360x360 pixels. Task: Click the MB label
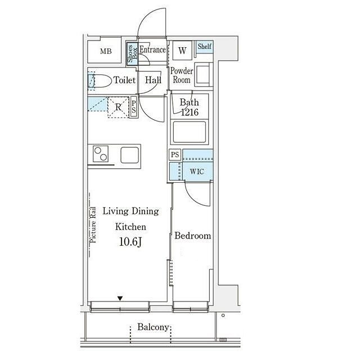click(106, 51)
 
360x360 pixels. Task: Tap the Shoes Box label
click(133, 54)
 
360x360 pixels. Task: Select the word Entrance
click(152, 49)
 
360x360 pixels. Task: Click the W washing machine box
click(182, 50)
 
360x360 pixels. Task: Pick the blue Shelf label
click(204, 46)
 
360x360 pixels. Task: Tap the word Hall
click(153, 80)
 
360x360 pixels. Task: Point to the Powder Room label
click(182, 75)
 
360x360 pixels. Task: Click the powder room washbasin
click(203, 74)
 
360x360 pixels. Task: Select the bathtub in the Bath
click(190, 132)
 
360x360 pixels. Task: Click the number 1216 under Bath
click(190, 112)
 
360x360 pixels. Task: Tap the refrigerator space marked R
click(118, 107)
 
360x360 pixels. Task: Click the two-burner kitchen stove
click(101, 154)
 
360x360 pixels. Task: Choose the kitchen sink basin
click(129, 155)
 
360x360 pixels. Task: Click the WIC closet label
click(197, 172)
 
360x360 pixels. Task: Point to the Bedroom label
click(192, 236)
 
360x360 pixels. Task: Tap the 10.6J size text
click(130, 242)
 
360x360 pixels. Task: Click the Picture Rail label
click(93, 225)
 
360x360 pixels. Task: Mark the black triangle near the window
click(120, 299)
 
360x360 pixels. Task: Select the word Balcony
click(153, 327)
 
